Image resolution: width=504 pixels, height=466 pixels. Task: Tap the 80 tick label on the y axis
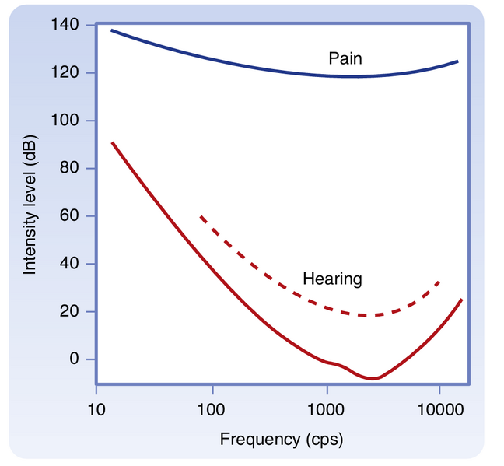[x=68, y=169]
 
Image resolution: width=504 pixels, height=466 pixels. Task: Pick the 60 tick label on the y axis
[x=68, y=216]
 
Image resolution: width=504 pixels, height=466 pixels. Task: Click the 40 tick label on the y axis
[x=68, y=264]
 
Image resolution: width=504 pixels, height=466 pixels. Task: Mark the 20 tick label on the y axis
[x=68, y=312]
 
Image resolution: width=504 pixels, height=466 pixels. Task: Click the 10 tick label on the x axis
[x=96, y=407]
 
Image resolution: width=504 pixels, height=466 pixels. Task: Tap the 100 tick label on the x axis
[x=212, y=407]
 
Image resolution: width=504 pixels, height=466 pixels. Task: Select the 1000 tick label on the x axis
[x=327, y=407]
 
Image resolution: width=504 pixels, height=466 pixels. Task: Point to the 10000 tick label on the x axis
[x=439, y=407]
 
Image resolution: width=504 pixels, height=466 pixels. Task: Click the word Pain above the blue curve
[x=344, y=58]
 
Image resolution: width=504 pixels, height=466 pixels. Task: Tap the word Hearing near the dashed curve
[x=332, y=279]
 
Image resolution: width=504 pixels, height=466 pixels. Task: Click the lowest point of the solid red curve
[x=373, y=378]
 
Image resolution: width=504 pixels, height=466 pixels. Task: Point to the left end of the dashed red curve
[x=201, y=217]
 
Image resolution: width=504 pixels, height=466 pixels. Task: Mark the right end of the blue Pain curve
[x=457, y=61]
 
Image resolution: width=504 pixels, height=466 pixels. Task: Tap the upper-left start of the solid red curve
[x=112, y=142]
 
